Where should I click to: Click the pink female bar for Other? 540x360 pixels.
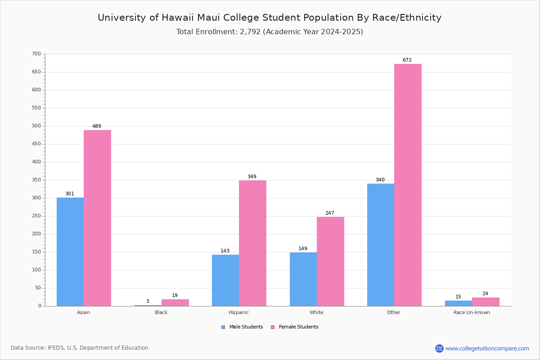pos(408,185)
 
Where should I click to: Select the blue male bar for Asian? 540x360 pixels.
pos(70,252)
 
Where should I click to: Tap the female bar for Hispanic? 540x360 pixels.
pos(252,243)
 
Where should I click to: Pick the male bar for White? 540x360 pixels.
pos(303,279)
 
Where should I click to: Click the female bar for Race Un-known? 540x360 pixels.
pos(486,302)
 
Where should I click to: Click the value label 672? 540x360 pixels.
pos(407,60)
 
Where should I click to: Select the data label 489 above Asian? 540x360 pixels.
pos(97,126)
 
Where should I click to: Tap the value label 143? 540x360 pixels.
pos(225,251)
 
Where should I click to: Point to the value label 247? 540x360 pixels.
pos(330,213)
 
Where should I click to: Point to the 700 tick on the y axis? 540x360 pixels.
pos(36,54)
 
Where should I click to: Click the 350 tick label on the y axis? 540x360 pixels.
pos(36,180)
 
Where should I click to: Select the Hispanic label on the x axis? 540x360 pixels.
pos(238,313)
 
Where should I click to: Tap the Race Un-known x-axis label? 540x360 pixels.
pos(472,313)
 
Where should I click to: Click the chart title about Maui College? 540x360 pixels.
pos(270,18)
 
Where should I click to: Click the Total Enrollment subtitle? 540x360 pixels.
pos(270,32)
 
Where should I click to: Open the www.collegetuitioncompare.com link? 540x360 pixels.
pos(487,348)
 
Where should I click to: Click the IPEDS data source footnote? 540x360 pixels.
pos(80,348)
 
